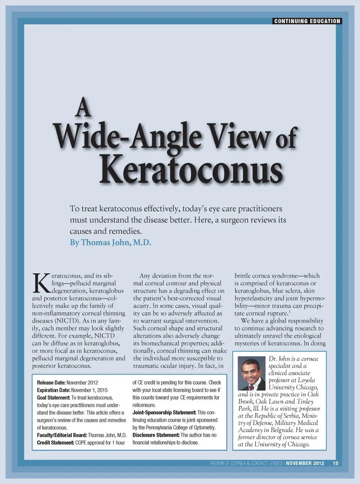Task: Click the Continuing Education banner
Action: coord(307,21)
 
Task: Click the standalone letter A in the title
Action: coord(83,108)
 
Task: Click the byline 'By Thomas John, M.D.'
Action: coord(110,242)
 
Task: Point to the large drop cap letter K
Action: coord(41,283)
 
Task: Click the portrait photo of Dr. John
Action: coord(252,373)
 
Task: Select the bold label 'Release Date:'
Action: coord(51,383)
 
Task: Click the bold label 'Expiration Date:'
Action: coord(53,390)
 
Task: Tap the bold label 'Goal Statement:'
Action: coord(53,398)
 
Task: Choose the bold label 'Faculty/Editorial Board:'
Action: coord(62,435)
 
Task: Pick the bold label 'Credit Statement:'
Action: coord(55,443)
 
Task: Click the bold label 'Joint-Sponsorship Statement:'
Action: coord(164,413)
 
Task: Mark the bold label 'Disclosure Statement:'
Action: coord(156,435)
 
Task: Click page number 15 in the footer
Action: coord(335,463)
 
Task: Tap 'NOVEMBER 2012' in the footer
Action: coord(305,463)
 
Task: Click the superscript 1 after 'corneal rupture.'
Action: coord(289,311)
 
